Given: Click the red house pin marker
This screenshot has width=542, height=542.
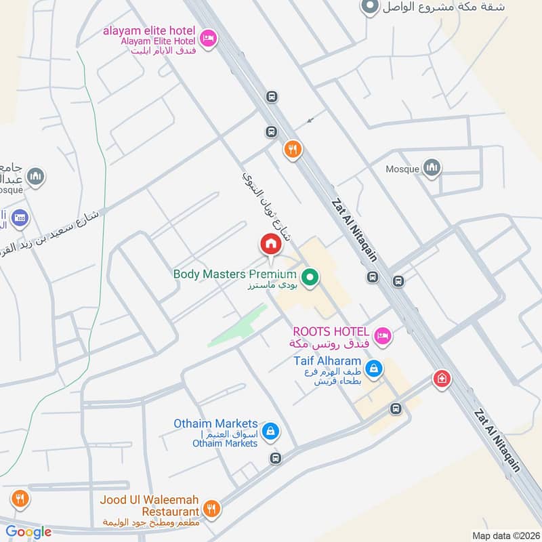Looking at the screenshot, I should [x=270, y=244].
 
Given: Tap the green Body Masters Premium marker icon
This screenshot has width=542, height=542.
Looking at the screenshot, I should [x=310, y=276].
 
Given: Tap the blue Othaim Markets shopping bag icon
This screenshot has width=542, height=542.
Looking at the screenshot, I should [x=270, y=431].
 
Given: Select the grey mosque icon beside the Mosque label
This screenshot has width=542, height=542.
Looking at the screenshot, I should [x=432, y=167].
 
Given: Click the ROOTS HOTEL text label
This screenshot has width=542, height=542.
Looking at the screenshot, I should [x=331, y=331].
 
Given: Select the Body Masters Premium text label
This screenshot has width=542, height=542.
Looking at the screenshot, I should [x=234, y=274].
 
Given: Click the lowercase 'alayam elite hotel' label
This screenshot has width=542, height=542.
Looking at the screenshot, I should [x=149, y=30].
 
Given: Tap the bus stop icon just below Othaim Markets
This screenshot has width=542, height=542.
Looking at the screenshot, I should [x=275, y=458].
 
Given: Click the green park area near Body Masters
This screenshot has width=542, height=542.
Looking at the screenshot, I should [x=237, y=327].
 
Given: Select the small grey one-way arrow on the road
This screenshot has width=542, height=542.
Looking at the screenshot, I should [x=310, y=120].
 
